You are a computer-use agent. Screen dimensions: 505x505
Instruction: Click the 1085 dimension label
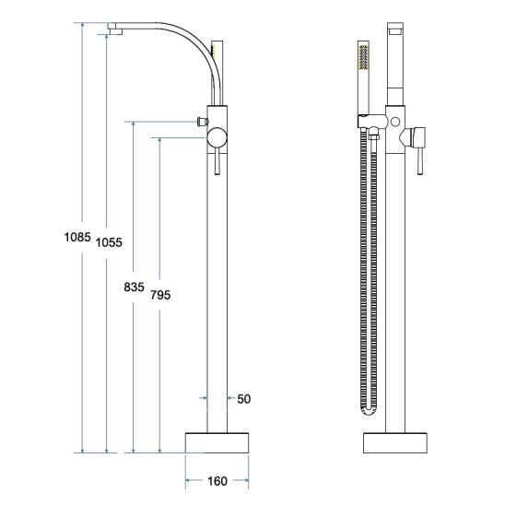(x=77, y=238)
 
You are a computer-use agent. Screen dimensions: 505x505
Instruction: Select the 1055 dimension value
(x=109, y=242)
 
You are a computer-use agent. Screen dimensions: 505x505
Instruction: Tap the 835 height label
(x=134, y=287)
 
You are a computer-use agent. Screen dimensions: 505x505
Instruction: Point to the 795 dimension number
(x=160, y=295)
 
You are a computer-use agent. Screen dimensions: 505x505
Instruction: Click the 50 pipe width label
(x=244, y=399)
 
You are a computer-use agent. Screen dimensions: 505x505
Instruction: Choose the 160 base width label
(x=217, y=481)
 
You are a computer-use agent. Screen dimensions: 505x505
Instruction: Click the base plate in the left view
(x=217, y=443)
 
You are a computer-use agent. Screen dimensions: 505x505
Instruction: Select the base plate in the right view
(x=395, y=443)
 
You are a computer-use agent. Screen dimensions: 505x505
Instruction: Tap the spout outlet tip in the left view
(x=115, y=31)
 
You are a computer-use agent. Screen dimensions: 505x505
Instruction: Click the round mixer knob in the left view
(x=217, y=138)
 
